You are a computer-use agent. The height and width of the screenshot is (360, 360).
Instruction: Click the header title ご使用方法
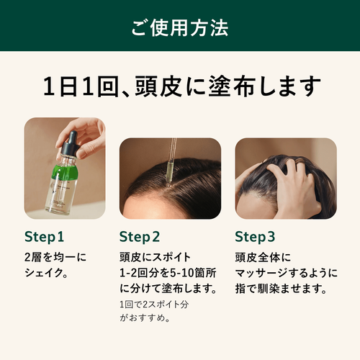(180, 28)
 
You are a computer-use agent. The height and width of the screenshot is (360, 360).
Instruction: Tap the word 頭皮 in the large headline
(158, 86)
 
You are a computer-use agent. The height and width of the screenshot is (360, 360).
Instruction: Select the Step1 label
(44, 237)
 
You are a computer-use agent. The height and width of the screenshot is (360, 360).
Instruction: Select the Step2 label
(140, 237)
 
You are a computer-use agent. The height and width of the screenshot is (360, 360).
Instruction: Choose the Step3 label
(255, 237)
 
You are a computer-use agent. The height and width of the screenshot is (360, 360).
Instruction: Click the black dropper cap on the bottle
(70, 143)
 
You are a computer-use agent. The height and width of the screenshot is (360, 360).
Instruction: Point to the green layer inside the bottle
(66, 172)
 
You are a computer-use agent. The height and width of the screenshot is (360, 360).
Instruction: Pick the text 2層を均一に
(55, 257)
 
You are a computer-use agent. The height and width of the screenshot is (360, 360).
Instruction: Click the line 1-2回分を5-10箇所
(168, 273)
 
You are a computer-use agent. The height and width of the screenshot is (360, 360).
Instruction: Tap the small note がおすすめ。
(145, 318)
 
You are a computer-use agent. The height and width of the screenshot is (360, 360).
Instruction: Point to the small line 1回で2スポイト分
(154, 305)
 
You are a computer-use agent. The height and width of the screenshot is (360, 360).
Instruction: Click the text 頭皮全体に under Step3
(263, 257)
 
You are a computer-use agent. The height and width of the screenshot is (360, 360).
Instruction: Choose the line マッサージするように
(287, 273)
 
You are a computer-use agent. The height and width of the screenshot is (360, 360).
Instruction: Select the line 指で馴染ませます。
(281, 289)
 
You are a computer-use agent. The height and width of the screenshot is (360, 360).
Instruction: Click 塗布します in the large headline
(264, 86)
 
